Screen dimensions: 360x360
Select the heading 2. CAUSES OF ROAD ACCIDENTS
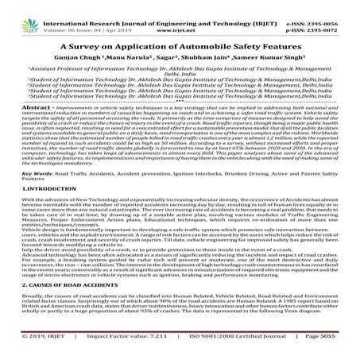pyautogui.click(x=60, y=305)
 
